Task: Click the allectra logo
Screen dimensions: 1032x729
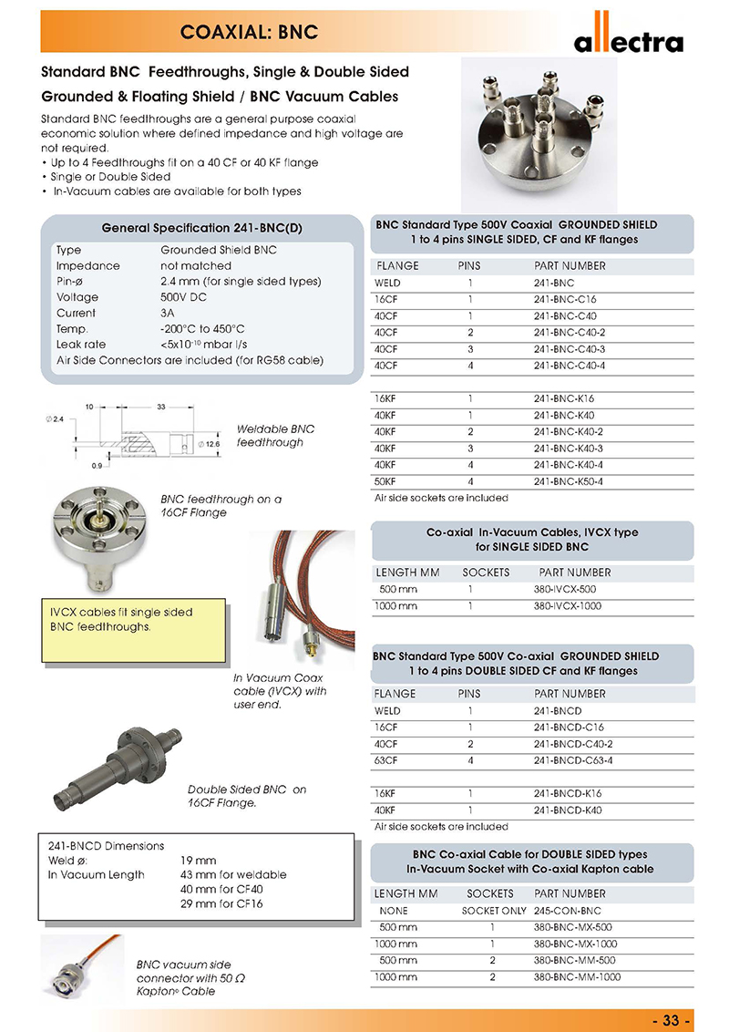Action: [628, 41]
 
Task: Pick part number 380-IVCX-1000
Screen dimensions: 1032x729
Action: [571, 605]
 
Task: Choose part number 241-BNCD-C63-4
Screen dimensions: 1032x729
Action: [573, 759]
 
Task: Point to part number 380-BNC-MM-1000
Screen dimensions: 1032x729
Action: [577, 977]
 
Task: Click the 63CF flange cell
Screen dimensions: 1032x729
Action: [386, 759]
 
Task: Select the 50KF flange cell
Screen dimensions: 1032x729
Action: [386, 481]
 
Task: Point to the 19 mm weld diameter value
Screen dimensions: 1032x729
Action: [199, 860]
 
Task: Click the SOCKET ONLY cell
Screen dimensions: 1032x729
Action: [494, 911]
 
